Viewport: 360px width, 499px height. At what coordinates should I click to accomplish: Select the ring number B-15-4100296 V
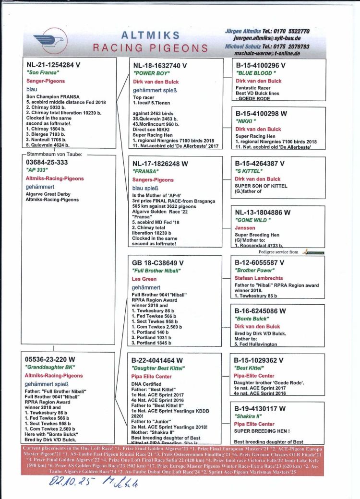[260, 65]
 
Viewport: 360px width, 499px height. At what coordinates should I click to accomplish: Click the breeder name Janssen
[245, 228]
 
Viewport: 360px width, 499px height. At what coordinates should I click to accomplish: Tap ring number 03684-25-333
[47, 163]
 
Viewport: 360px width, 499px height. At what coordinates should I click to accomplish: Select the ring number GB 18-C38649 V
[158, 263]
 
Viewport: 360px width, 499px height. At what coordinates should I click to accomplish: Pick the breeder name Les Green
[144, 279]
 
